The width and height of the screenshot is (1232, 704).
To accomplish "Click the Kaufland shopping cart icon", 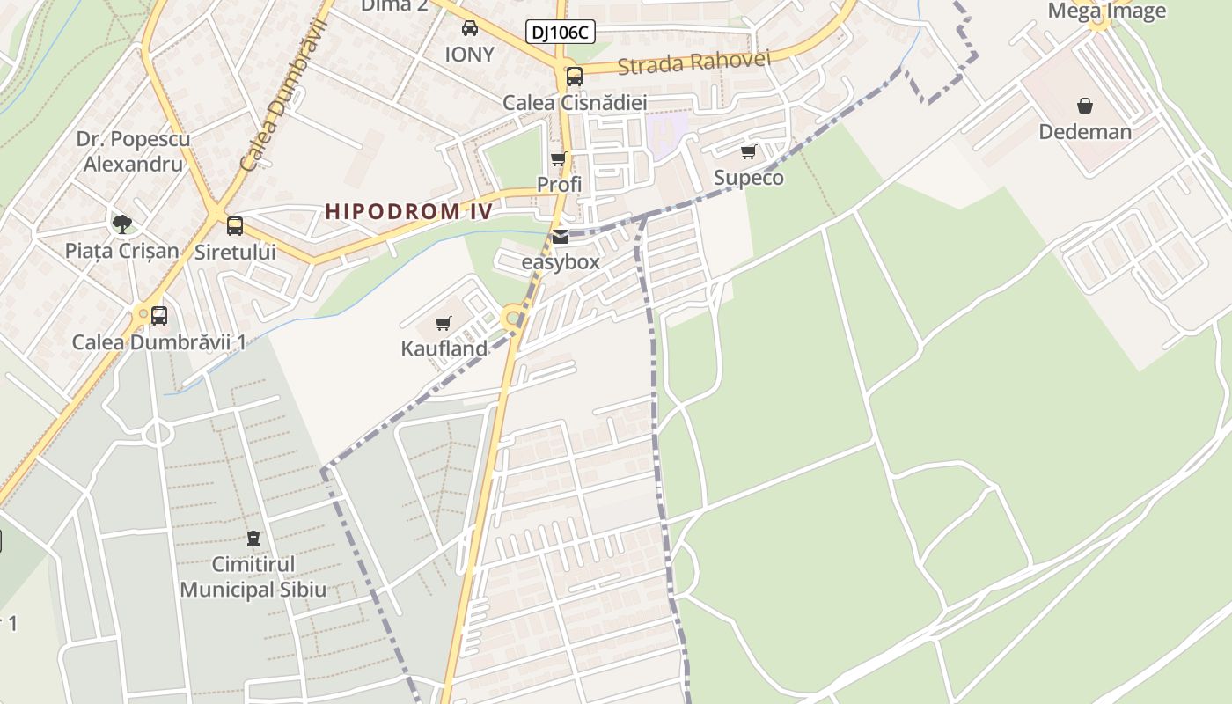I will (444, 324).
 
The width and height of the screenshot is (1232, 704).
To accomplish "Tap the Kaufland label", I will (444, 348).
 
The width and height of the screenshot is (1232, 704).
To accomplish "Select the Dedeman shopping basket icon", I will (1085, 106).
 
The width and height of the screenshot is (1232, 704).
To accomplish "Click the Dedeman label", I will (1085, 132).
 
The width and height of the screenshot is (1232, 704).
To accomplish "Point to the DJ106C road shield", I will (561, 33).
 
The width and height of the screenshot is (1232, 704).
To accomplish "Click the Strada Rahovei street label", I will (693, 62).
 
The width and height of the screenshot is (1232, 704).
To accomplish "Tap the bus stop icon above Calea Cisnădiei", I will (575, 76).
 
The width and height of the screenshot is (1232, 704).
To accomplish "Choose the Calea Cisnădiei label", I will (575, 103).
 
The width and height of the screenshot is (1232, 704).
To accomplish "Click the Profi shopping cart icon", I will (558, 159).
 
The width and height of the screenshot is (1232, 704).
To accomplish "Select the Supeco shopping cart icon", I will (749, 151).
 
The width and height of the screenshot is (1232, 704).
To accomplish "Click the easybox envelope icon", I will (561, 236).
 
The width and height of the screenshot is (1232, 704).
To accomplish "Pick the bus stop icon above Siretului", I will (235, 225).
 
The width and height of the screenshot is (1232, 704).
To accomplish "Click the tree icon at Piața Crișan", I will (122, 224).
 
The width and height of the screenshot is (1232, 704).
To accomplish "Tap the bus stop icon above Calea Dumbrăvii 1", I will (159, 315).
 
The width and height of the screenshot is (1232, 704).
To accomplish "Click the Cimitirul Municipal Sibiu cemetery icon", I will (253, 538).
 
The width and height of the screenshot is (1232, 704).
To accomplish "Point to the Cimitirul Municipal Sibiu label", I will (253, 576).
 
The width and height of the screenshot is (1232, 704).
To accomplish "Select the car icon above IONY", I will (470, 28).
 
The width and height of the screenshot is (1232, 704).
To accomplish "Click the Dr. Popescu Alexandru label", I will (133, 151).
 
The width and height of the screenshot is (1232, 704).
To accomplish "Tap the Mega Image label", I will (1106, 11).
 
